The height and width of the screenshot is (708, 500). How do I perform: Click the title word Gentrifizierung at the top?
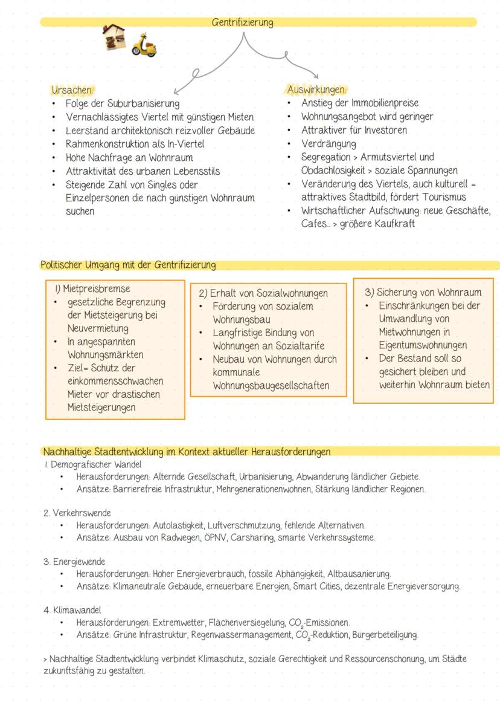(242, 23)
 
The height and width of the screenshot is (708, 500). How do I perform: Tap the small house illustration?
(114, 37)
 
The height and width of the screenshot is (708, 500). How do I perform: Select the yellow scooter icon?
(144, 45)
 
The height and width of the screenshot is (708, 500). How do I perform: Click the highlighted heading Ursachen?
(68, 90)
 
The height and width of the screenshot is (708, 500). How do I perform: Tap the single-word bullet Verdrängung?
(329, 144)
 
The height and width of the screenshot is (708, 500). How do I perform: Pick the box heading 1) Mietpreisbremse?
(92, 289)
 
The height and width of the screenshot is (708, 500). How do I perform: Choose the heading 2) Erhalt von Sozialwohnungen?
(263, 293)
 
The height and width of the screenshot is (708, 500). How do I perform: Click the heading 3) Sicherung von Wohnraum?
(423, 292)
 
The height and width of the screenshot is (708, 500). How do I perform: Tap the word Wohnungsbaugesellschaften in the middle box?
(271, 386)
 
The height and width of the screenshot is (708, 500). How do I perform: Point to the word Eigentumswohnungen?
(423, 345)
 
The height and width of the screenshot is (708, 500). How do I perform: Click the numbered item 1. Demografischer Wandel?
(92, 465)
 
